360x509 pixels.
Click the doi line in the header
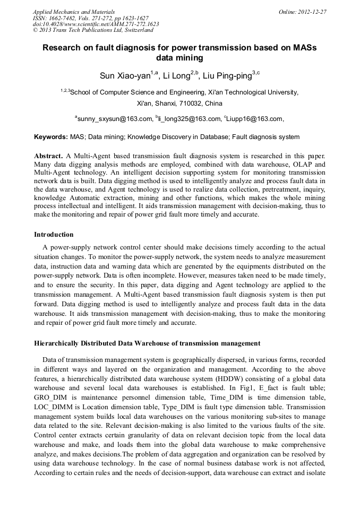pyautogui.click(x=96, y=24)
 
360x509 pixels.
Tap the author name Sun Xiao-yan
pyautogui.click(x=125, y=75)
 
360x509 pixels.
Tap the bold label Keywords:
pyautogui.click(x=51, y=137)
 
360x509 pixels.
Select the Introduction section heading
pyautogui.click(x=54, y=235)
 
